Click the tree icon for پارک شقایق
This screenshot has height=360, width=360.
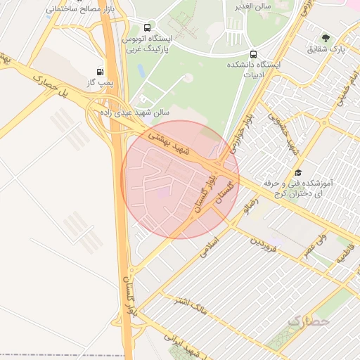click(x=325, y=38)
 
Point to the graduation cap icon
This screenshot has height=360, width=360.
click(x=298, y=172)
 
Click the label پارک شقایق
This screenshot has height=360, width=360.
click(x=328, y=50)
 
